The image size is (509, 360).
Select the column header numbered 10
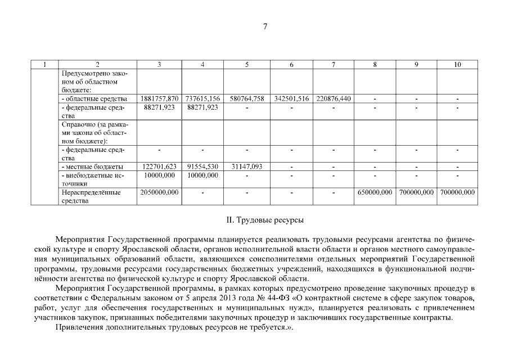pos(457,65)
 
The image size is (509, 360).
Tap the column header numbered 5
pos(247,65)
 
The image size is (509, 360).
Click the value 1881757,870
pos(160,99)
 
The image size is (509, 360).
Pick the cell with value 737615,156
pos(202,99)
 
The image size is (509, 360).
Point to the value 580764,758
pos(247,99)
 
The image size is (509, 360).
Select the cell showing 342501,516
pos(291,99)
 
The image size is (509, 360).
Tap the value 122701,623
pos(160,167)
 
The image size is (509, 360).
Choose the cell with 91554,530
pos(202,167)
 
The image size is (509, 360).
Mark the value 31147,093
pos(247,167)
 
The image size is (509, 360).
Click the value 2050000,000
pos(160,192)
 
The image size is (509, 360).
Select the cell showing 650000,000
pos(375,192)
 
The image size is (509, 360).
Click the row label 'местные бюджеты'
pos(93,167)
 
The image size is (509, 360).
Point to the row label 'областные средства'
pos(94,99)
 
